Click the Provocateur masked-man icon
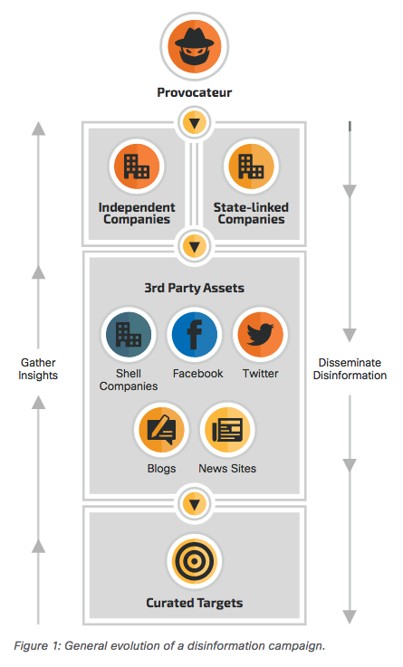pyautogui.click(x=195, y=46)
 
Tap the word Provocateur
pyautogui.click(x=195, y=92)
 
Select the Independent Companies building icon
pyautogui.click(x=137, y=166)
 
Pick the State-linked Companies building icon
pyautogui.click(x=251, y=166)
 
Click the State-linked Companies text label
pyautogui.click(x=251, y=213)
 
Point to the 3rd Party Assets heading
pyautogui.click(x=194, y=288)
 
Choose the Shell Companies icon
pyautogui.click(x=129, y=335)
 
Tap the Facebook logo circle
pyautogui.click(x=195, y=335)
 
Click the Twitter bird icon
pyautogui.click(x=261, y=335)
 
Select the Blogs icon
pyautogui.click(x=161, y=430)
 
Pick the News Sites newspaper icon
pyautogui.click(x=227, y=430)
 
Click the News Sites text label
pyautogui.click(x=227, y=468)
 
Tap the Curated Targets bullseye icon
pyautogui.click(x=195, y=561)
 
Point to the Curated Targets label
pyautogui.click(x=195, y=603)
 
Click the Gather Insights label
pyautogui.click(x=38, y=369)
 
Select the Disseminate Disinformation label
pyautogui.click(x=350, y=369)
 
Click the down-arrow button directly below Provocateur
pyautogui.click(x=195, y=123)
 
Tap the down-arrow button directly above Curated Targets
pyautogui.click(x=195, y=504)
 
